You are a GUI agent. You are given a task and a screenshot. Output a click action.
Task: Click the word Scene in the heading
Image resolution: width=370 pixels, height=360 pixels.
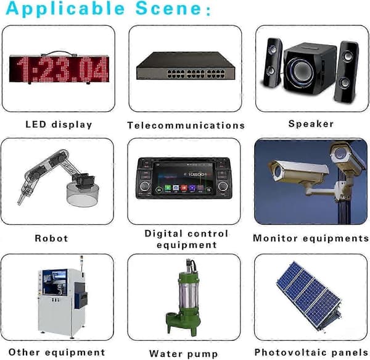click(x=168, y=8)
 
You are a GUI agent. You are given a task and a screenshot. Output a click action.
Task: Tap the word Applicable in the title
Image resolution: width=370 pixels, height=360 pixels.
click(x=65, y=9)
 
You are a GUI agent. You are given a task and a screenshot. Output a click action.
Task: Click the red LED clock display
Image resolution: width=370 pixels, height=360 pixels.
click(x=59, y=69)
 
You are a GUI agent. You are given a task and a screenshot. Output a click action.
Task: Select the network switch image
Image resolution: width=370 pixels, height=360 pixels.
click(x=186, y=65)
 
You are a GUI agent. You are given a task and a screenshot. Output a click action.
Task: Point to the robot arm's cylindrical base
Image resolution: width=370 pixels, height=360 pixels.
click(x=83, y=195)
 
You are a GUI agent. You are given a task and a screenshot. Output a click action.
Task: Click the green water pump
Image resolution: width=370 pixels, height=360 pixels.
click(x=184, y=297)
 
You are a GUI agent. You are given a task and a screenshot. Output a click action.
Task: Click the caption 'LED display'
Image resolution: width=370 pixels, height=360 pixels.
click(x=59, y=125)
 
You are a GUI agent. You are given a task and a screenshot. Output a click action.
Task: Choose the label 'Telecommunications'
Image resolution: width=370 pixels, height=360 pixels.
click(x=186, y=125)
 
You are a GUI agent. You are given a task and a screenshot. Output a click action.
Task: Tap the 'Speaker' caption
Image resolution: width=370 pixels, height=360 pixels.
click(x=311, y=124)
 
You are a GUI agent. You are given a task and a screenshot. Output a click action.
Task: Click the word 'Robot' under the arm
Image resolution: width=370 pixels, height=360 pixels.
click(x=51, y=238)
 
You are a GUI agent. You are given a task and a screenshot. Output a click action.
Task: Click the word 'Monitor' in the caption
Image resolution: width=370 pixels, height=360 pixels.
click(x=275, y=238)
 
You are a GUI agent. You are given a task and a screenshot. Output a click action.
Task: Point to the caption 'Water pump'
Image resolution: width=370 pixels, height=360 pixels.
click(x=183, y=354)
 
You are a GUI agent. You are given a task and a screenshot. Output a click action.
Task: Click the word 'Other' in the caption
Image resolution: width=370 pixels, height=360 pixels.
click(x=24, y=352)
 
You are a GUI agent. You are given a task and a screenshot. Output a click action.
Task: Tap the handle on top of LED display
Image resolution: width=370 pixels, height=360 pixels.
click(x=59, y=53)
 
